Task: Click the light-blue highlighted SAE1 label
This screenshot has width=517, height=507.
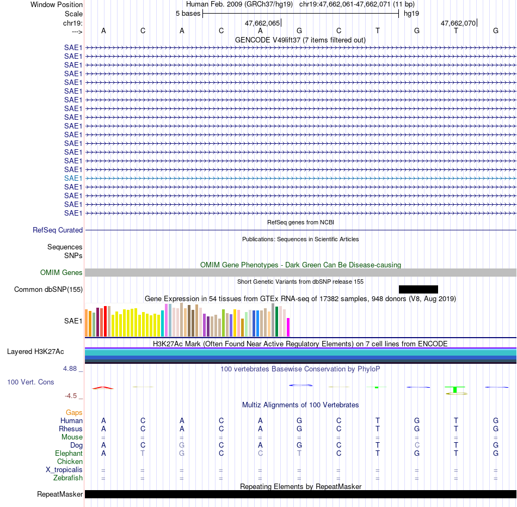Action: (x=73, y=179)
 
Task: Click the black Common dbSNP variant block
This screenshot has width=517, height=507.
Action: (x=418, y=289)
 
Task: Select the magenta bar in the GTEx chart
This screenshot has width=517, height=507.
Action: (x=288, y=327)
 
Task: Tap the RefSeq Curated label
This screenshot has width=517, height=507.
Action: (x=58, y=230)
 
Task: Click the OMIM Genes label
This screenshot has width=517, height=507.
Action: (x=61, y=272)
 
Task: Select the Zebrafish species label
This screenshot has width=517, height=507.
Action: (x=68, y=478)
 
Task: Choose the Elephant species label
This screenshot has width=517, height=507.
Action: (x=69, y=454)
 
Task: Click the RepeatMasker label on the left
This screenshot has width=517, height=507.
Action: (x=60, y=494)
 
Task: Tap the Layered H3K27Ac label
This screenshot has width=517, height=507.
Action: (x=35, y=352)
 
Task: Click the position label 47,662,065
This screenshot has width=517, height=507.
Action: (x=262, y=23)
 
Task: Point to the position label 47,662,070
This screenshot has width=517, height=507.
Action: (x=458, y=23)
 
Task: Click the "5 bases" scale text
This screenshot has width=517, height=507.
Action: (x=188, y=14)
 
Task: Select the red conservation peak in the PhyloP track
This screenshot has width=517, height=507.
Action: (x=103, y=388)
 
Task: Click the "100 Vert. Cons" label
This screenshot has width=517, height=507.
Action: (x=30, y=382)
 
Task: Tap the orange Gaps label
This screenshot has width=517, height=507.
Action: (x=74, y=413)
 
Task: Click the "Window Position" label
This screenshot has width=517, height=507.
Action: (x=57, y=4)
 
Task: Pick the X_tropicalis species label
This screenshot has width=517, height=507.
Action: (x=64, y=470)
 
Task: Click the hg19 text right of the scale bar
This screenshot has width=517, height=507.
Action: (x=411, y=14)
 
